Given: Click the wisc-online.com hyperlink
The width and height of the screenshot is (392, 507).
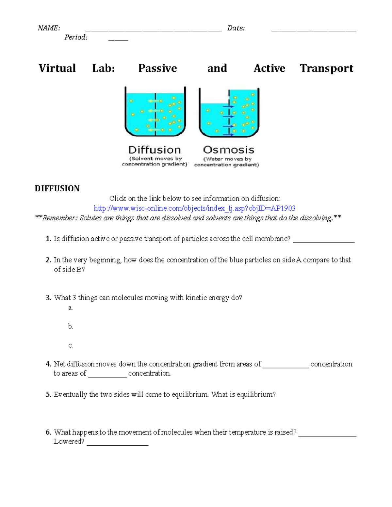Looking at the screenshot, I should [194, 208].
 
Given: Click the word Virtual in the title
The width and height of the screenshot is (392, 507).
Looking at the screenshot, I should [57, 68].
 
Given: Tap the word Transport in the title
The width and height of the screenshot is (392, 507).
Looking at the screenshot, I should [326, 68].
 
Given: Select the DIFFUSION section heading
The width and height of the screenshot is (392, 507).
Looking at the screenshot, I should [57, 188].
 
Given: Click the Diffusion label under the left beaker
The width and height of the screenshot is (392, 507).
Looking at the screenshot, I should [155, 150].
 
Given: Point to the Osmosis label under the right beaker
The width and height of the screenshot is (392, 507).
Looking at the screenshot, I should [228, 150].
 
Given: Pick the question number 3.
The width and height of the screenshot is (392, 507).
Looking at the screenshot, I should [48, 298].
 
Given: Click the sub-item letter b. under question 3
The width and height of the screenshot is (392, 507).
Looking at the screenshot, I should [71, 326].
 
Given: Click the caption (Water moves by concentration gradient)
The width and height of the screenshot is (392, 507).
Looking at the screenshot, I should [227, 162].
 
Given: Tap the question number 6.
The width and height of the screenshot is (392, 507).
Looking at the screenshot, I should [48, 432].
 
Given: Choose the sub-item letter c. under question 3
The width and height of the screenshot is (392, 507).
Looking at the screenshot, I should [71, 345].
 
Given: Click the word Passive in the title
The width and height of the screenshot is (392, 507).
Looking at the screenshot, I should [157, 68].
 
